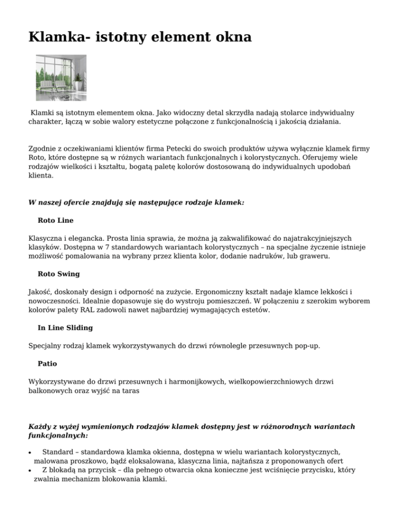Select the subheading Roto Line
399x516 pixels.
click(x=56, y=221)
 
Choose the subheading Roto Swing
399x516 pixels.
click(x=59, y=274)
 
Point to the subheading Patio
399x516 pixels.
click(x=47, y=364)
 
